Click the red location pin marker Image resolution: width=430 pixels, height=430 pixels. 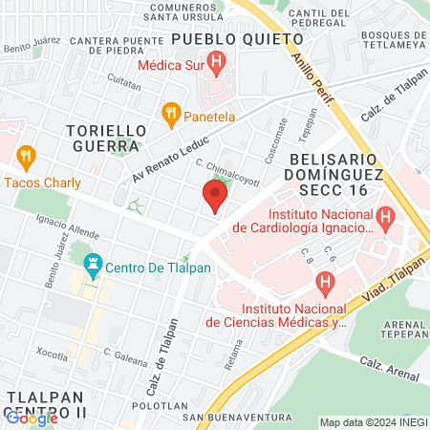(x=215, y=197)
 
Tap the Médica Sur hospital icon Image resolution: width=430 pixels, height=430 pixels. (x=217, y=66)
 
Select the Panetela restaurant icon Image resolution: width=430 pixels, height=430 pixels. (x=172, y=116)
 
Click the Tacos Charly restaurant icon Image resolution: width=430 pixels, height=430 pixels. (x=26, y=157)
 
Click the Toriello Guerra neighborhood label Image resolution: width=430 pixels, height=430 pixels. (x=106, y=138)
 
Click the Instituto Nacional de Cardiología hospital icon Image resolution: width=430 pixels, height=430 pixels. (x=386, y=219)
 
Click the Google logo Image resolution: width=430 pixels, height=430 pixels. (x=31, y=417)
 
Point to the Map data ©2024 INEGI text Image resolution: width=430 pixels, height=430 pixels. (x=374, y=422)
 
